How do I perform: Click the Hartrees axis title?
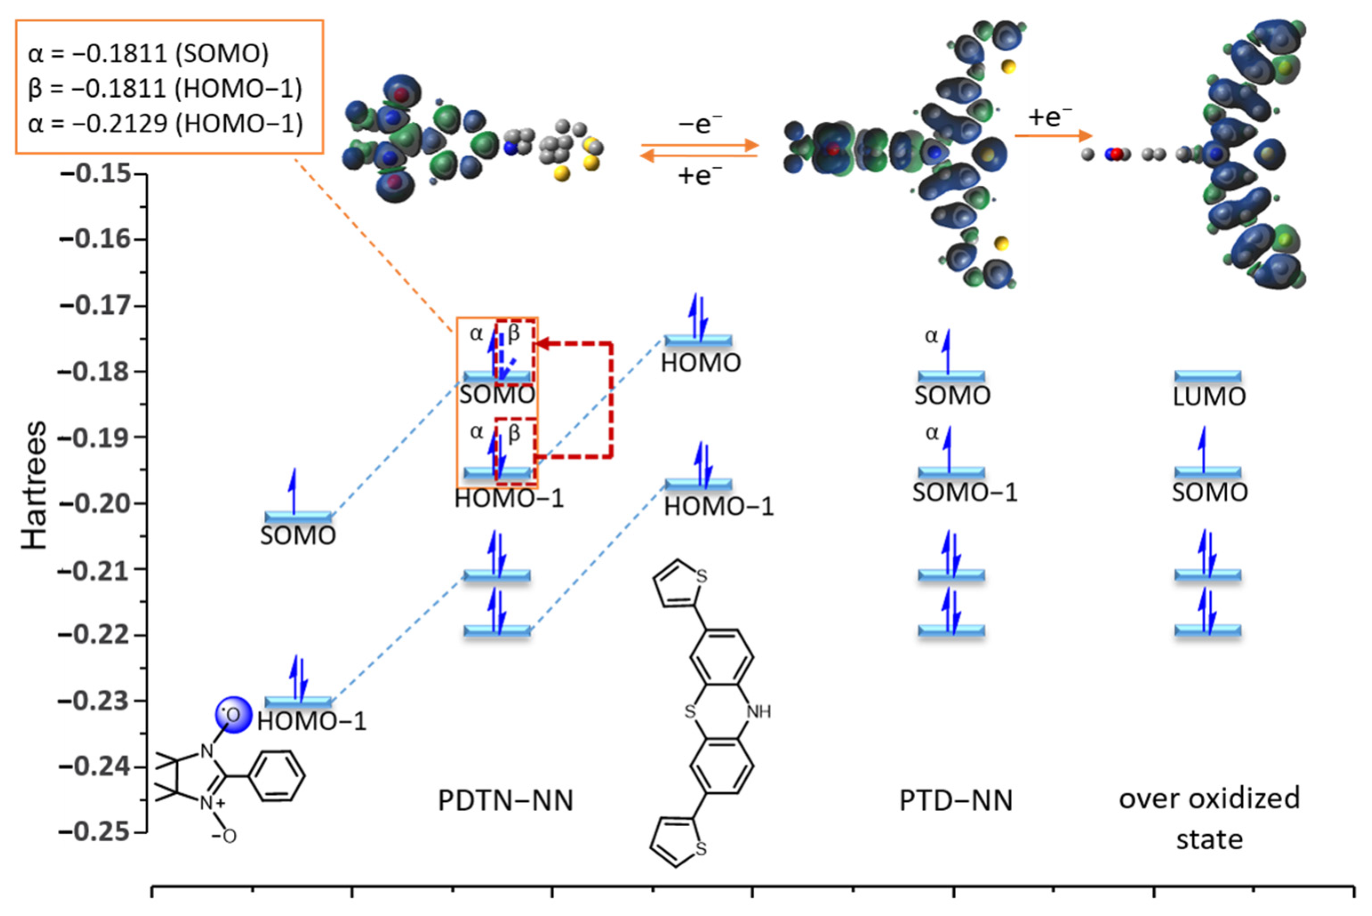(34, 485)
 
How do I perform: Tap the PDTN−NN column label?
(506, 800)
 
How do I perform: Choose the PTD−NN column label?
(956, 800)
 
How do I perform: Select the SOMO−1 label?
(964, 492)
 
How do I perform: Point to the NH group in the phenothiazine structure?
(759, 712)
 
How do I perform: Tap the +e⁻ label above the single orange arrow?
(1050, 117)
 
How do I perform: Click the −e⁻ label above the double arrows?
(700, 124)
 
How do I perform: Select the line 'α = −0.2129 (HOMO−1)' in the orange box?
(165, 123)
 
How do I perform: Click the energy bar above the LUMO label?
(1208, 376)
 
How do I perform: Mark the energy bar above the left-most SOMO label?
(298, 516)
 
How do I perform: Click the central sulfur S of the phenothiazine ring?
(690, 712)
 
